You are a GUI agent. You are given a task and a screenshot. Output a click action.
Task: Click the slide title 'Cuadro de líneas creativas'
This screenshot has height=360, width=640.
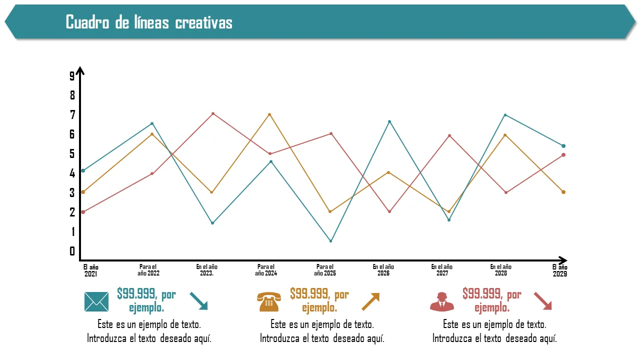[149, 22]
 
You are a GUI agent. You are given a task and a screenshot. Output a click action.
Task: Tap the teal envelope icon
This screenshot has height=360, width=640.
[96, 301]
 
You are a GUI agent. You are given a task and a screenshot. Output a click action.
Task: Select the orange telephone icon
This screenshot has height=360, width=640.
[269, 301]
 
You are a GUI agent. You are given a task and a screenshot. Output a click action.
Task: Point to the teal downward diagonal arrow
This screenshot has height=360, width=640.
[198, 301]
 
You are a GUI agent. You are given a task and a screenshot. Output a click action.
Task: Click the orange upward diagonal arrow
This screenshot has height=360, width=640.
[370, 301]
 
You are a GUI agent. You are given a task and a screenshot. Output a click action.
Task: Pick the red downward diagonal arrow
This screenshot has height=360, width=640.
[542, 301]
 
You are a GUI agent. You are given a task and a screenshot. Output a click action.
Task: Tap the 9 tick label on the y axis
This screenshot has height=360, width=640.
[72, 76]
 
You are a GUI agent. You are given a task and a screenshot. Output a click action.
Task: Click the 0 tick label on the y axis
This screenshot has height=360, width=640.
[72, 251]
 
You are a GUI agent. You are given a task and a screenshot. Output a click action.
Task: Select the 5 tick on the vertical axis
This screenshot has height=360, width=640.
[72, 153]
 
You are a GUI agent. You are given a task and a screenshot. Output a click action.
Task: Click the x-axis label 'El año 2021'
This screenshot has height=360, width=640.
[90, 270]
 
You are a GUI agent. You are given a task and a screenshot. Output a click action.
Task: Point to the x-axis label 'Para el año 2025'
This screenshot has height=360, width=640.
[325, 270]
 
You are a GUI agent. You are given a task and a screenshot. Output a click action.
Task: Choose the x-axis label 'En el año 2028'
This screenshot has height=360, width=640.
[501, 270]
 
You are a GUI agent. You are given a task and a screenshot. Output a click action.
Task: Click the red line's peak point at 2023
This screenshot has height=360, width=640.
[213, 114]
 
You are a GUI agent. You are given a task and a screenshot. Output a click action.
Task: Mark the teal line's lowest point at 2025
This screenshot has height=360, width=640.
[330, 241]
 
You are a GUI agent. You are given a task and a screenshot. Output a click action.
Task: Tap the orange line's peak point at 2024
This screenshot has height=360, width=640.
[269, 114]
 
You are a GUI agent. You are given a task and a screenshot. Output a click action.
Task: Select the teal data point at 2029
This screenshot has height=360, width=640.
[563, 146]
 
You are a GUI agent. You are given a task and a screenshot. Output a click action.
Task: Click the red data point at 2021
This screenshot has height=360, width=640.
[83, 212]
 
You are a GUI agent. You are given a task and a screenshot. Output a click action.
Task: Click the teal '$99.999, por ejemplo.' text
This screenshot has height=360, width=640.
[146, 300]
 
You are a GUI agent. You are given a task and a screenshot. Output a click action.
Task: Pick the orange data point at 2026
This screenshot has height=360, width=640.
[388, 172]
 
